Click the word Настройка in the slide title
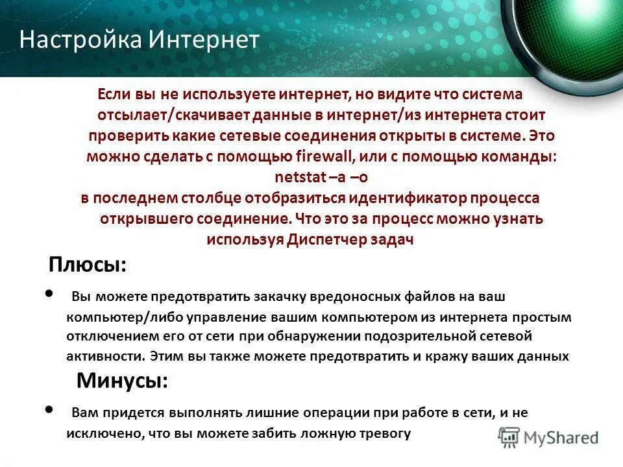[80, 40]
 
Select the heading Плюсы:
[88, 265]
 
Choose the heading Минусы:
[122, 381]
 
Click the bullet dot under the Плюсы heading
[51, 294]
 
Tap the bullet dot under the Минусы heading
[51, 409]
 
